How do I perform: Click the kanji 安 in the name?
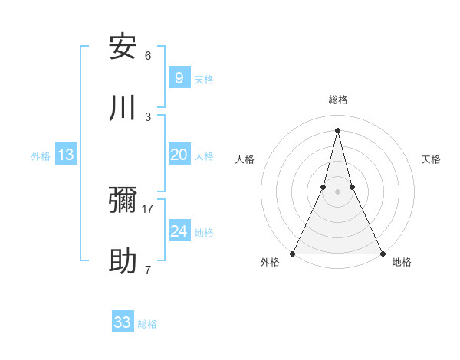[x=123, y=47]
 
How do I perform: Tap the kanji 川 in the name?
[x=123, y=108]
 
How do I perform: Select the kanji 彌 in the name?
[x=123, y=201]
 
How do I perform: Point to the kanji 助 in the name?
[x=123, y=262]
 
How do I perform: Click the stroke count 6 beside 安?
[x=148, y=55]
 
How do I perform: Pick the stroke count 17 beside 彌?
[x=148, y=208]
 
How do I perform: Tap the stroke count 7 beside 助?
[x=148, y=270]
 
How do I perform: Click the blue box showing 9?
[x=179, y=77]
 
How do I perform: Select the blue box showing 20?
[x=179, y=155]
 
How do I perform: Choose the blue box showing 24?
[x=179, y=231]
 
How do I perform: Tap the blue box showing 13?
[x=66, y=155]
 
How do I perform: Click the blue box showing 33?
[x=123, y=322]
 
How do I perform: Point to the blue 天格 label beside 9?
[x=204, y=79]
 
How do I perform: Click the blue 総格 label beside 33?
[x=147, y=324]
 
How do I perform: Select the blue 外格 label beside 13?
[x=41, y=156]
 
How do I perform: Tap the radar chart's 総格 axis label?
[x=337, y=100]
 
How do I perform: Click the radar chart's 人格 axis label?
[x=245, y=159]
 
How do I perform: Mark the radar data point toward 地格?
[x=382, y=253]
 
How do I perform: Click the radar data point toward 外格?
[x=293, y=253]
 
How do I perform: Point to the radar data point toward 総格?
[x=337, y=129]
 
